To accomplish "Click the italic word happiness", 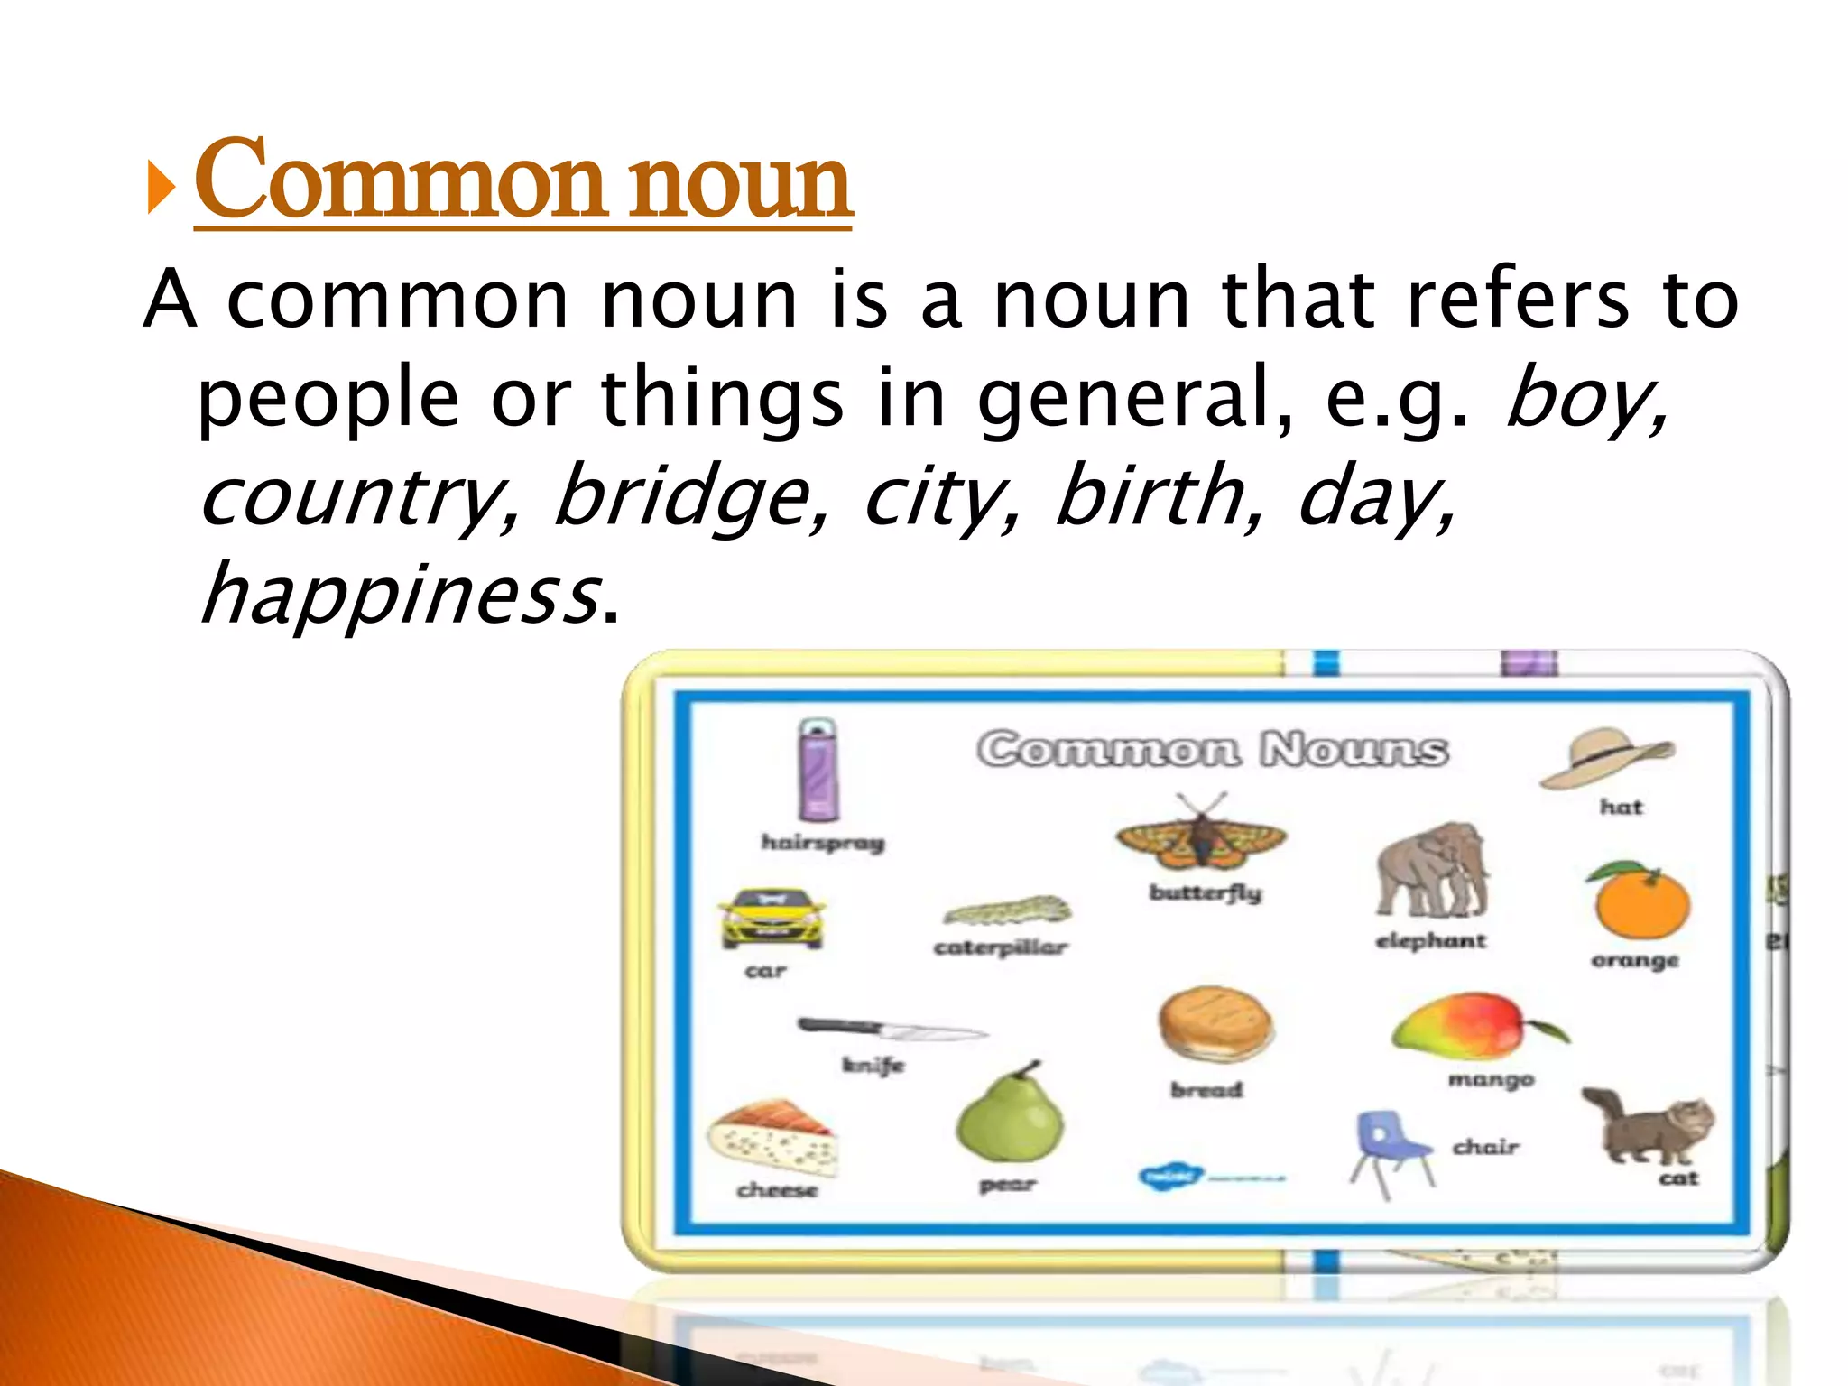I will (x=401, y=594).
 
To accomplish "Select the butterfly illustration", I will (x=1201, y=836).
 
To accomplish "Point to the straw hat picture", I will (x=1607, y=759).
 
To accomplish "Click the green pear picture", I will (x=1010, y=1115).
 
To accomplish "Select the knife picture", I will (x=892, y=1029).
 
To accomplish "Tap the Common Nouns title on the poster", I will (x=1213, y=749).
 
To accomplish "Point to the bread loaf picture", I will (x=1215, y=1025).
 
